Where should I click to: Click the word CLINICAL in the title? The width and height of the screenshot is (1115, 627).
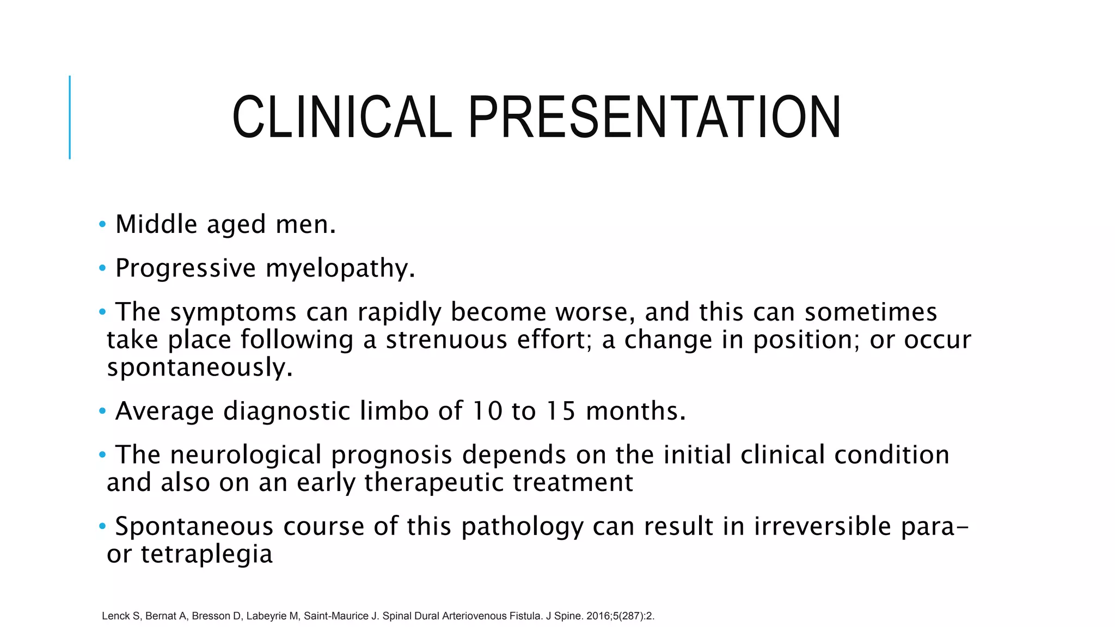pyautogui.click(x=342, y=118)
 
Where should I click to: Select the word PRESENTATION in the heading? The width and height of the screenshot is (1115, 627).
pyautogui.click(x=654, y=118)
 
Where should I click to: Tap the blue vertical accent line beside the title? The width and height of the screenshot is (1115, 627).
pyautogui.click(x=70, y=117)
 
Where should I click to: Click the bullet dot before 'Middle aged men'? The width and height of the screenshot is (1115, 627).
pyautogui.click(x=102, y=224)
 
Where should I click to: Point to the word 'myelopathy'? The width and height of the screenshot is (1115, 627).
pyautogui.click(x=340, y=268)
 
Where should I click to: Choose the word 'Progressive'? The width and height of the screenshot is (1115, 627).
pyautogui.click(x=186, y=268)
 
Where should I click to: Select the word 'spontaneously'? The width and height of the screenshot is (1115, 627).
pyautogui.click(x=200, y=367)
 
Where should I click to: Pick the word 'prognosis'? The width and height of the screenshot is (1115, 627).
pyautogui.click(x=391, y=455)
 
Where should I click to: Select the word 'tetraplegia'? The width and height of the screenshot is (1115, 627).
pyautogui.click(x=206, y=554)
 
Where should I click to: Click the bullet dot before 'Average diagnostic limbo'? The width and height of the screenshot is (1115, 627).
pyautogui.click(x=102, y=410)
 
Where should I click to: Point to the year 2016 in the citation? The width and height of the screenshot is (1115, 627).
pyautogui.click(x=598, y=616)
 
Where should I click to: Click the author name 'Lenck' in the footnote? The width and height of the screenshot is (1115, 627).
pyautogui.click(x=115, y=616)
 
